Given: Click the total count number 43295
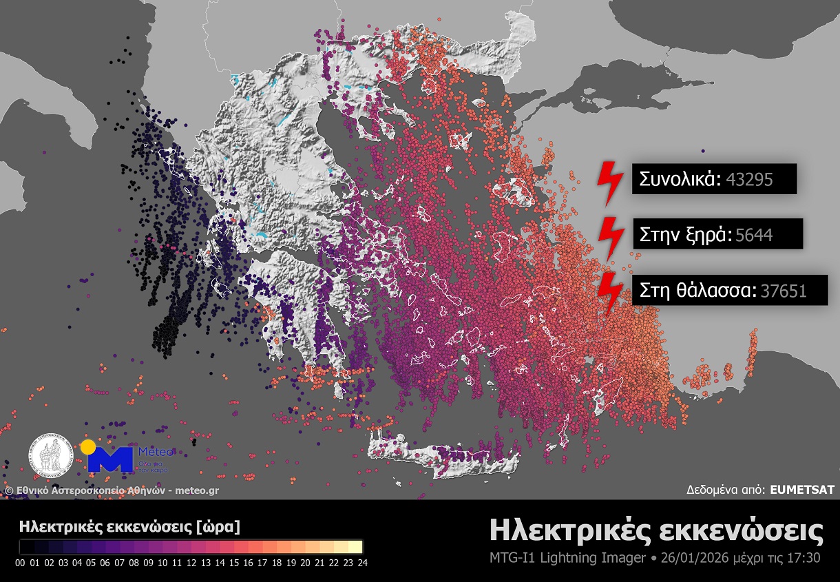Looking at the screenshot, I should [749, 180].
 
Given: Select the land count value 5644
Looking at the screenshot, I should [754, 235].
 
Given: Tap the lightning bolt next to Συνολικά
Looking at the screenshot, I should [609, 183].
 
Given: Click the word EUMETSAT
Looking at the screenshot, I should [802, 490].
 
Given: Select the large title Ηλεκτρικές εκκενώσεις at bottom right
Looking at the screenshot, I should [655, 531].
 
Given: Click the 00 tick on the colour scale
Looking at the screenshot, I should [20, 563].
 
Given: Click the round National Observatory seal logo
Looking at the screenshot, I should [51, 457].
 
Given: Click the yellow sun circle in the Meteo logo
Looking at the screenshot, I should [87, 447].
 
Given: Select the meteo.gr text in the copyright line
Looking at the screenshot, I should [197, 490].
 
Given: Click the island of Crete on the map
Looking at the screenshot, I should [441, 455].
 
